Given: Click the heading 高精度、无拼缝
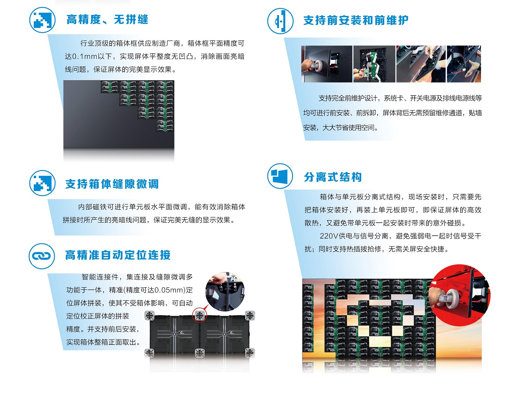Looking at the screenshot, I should (x=107, y=20).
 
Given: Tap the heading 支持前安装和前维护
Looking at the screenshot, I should (x=356, y=21).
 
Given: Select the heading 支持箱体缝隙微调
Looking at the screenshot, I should (x=112, y=184).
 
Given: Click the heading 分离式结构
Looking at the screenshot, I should (x=333, y=177).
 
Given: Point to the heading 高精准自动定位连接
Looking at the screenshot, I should (x=118, y=255).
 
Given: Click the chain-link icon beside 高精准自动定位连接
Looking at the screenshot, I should (x=42, y=256).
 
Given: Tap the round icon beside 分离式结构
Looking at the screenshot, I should (x=280, y=176).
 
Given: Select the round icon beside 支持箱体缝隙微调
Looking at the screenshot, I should (x=42, y=183).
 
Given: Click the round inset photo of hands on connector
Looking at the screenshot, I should (x=225, y=291).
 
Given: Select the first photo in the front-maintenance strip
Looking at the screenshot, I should (x=327, y=64).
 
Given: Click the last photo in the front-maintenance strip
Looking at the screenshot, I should (x=464, y=64).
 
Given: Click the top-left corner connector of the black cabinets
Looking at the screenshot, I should (x=149, y=315).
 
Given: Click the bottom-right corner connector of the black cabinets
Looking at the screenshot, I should (x=250, y=353).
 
